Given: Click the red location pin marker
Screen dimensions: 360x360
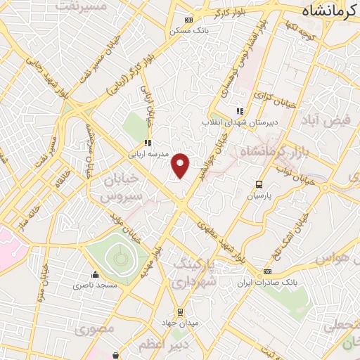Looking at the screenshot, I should coord(181,164).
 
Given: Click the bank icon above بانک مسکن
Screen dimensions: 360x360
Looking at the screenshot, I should coord(188,20).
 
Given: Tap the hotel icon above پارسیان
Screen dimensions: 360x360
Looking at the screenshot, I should coord(258,185).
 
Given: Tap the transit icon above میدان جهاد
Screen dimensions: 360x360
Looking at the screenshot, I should coord(180,311).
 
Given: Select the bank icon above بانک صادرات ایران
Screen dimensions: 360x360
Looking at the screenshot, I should coord(267,271).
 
